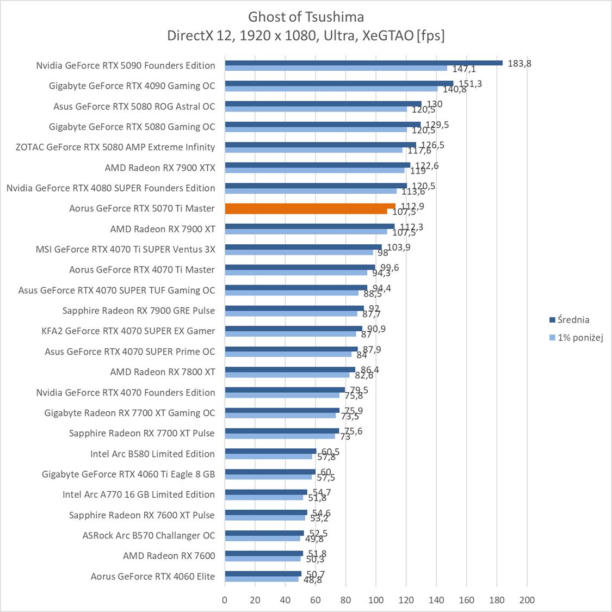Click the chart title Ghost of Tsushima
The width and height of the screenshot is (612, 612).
(306, 16)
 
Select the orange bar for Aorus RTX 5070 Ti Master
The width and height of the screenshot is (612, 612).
(310, 206)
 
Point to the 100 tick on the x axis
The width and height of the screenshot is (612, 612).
(376, 600)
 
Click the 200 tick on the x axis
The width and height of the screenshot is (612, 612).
(527, 600)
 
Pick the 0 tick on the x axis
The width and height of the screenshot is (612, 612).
(225, 600)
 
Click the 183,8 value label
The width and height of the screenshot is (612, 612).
(519, 63)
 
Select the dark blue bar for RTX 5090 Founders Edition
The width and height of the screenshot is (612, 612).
(363, 63)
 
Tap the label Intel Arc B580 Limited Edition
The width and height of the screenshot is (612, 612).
(152, 454)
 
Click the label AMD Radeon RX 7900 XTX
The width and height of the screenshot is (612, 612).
(159, 168)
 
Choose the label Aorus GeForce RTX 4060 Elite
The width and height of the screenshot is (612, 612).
(152, 576)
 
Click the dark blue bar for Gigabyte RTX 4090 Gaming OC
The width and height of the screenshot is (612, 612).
(338, 83)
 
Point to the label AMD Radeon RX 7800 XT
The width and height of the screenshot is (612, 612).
(162, 372)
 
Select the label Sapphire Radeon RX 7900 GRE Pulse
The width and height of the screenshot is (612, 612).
(138, 311)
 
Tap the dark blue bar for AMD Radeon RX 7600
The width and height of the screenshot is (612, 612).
(264, 553)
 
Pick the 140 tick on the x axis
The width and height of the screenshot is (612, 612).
(436, 600)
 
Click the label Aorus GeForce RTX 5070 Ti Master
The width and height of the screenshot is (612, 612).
(141, 208)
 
